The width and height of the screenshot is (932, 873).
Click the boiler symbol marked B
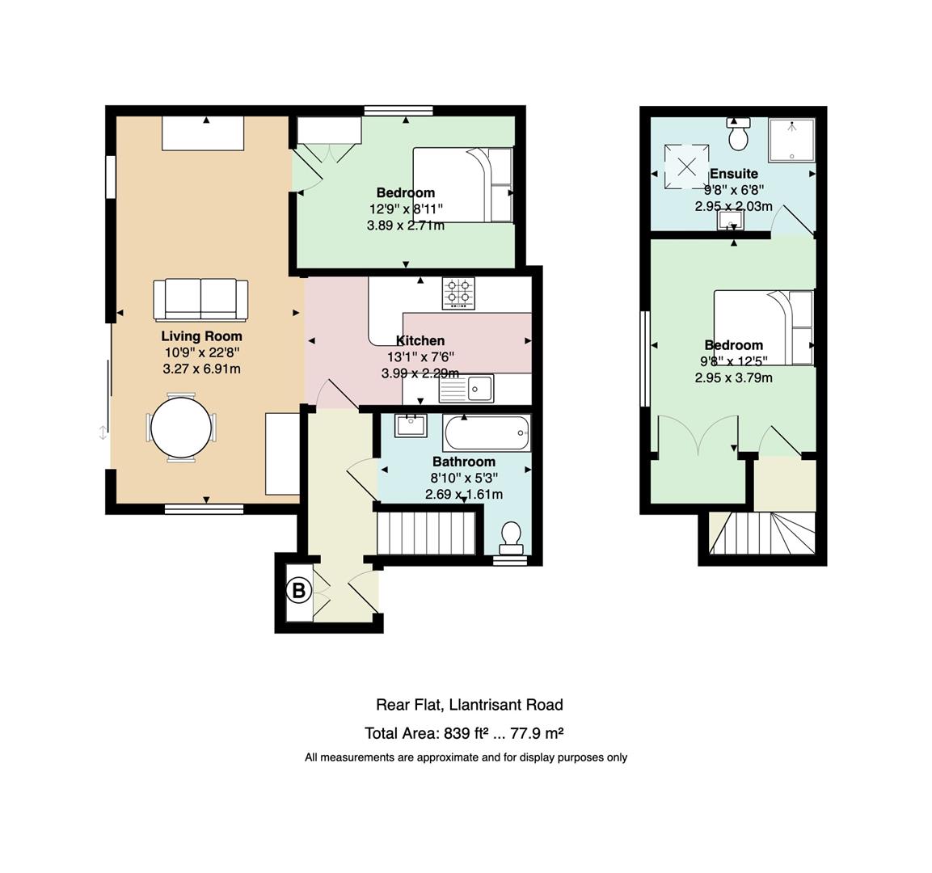[x=298, y=591]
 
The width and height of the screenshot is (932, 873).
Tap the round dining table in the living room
[x=181, y=428]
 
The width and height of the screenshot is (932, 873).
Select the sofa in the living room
[x=200, y=300]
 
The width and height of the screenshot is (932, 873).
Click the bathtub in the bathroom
[x=487, y=433]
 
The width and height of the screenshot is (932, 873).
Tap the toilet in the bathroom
[x=511, y=537]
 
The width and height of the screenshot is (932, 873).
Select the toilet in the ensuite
[x=739, y=135]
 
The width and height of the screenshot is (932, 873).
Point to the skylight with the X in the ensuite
[x=686, y=167]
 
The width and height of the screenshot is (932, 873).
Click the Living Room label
[x=201, y=336]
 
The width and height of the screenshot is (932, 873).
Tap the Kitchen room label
[x=420, y=340]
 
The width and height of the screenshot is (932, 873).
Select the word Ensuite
[x=733, y=174]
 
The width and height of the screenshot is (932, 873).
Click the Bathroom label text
[x=463, y=462]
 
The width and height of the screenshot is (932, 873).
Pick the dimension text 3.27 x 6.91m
[x=201, y=369]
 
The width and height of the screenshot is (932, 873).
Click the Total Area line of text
[x=464, y=733]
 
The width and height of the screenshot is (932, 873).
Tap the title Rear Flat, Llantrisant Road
[x=469, y=704]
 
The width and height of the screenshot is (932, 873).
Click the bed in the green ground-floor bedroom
[x=463, y=184]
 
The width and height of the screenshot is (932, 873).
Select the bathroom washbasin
[x=411, y=424]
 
